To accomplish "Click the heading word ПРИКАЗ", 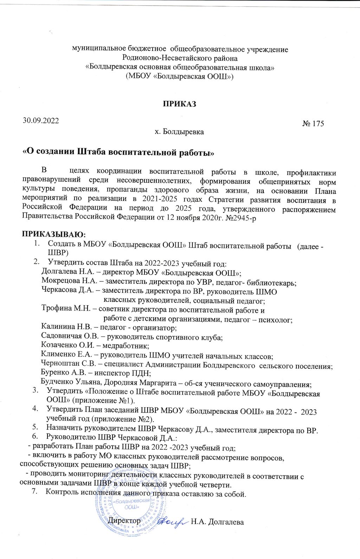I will (179, 104).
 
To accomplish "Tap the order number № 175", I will (313, 124).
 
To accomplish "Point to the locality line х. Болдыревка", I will (179, 132).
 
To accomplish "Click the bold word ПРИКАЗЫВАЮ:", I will (54, 234).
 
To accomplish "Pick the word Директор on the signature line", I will (125, 521).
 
